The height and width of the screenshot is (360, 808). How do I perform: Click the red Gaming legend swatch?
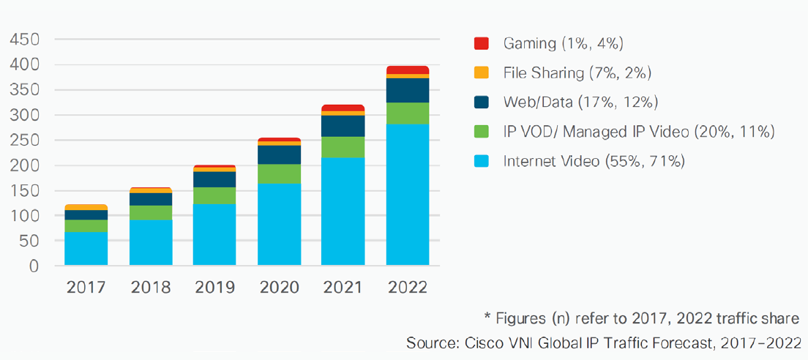pyautogui.click(x=481, y=44)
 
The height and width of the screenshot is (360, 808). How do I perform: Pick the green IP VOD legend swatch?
pyautogui.click(x=481, y=132)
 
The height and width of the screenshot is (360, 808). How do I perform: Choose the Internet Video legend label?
pyautogui.click(x=594, y=161)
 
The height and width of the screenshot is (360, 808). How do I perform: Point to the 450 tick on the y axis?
pyautogui.click(x=24, y=40)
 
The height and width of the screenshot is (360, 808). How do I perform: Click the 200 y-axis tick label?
pyautogui.click(x=24, y=165)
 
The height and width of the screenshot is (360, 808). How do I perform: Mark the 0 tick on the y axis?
pyautogui.click(x=33, y=266)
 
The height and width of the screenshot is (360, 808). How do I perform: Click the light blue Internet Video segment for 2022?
pyautogui.click(x=408, y=195)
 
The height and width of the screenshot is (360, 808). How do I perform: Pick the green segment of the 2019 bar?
pyautogui.click(x=214, y=195)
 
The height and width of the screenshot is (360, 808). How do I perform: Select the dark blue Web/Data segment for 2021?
pyautogui.click(x=343, y=126)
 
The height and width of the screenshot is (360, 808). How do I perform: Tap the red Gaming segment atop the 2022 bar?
pyautogui.click(x=408, y=70)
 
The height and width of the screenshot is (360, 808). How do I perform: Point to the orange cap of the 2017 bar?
pyautogui.click(x=86, y=207)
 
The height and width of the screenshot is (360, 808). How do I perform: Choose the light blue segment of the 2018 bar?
pyautogui.click(x=151, y=242)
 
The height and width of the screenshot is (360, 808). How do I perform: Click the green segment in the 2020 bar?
pyautogui.click(x=279, y=173)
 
